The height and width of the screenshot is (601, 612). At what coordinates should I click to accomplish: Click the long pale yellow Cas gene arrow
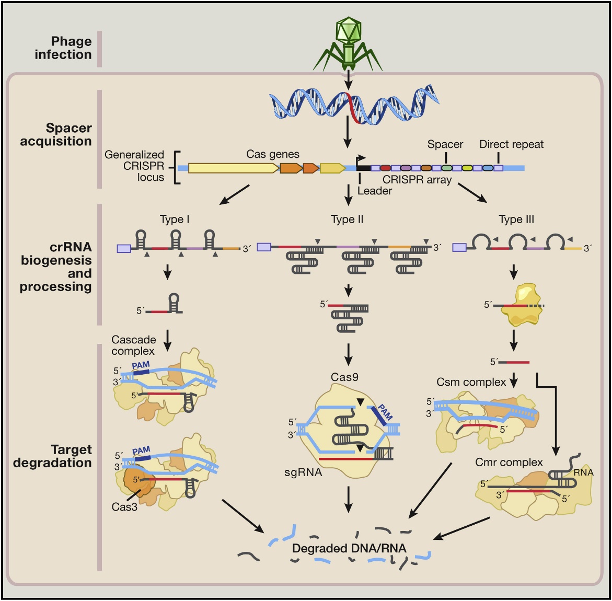click(233, 168)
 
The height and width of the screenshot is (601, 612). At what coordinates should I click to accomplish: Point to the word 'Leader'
click(374, 191)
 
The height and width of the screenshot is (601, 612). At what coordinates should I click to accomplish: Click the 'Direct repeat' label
click(511, 144)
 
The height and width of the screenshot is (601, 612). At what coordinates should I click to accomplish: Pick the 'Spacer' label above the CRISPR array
click(445, 144)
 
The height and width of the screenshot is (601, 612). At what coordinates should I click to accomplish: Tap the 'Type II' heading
click(347, 219)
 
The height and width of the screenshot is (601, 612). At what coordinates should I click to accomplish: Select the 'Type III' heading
click(516, 219)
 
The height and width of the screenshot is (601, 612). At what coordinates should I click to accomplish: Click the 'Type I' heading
click(175, 219)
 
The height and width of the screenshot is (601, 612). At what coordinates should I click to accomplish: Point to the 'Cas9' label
click(344, 377)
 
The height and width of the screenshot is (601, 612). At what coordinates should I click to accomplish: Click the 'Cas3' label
click(124, 506)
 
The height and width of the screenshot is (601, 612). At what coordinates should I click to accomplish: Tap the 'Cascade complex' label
click(133, 345)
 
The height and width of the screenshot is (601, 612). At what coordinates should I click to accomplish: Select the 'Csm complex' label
click(471, 383)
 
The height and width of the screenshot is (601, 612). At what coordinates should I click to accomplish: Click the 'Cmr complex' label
click(509, 463)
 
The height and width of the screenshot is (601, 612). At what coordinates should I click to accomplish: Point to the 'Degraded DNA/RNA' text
click(349, 548)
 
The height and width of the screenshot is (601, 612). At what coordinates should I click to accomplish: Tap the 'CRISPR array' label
click(417, 180)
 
